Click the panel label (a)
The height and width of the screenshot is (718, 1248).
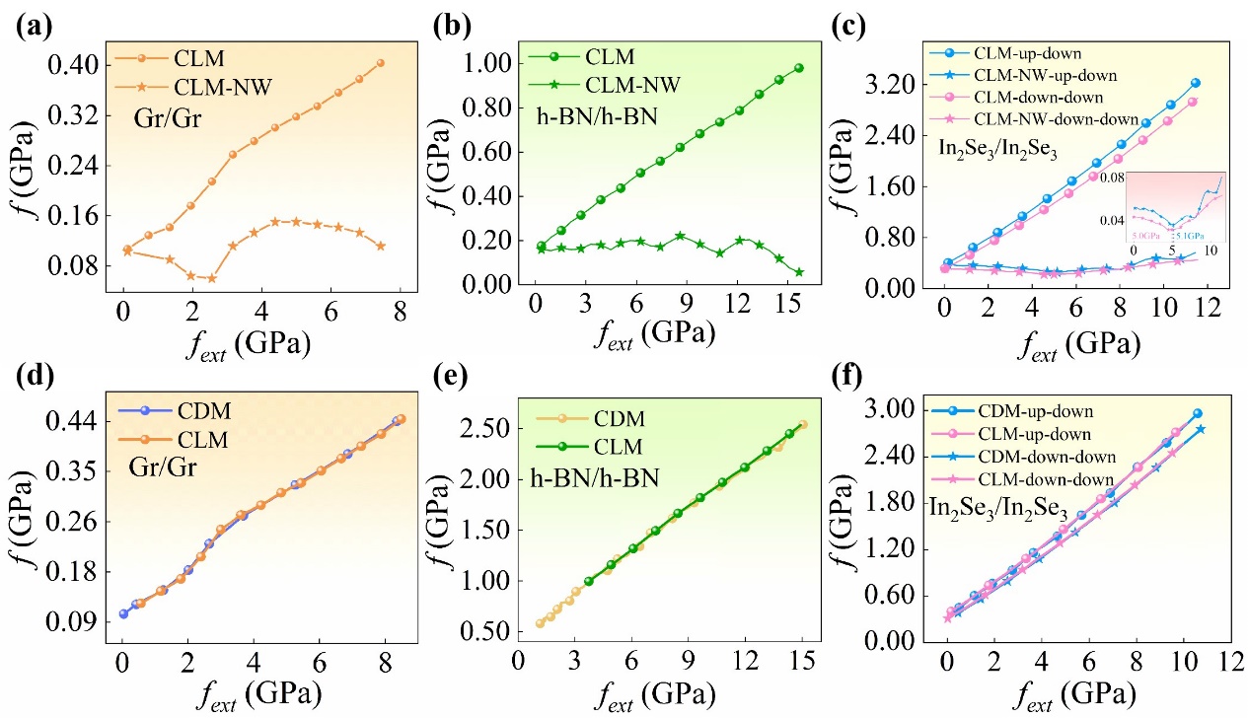[30, 22]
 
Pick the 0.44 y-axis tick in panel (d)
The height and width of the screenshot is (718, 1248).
[70, 421]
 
